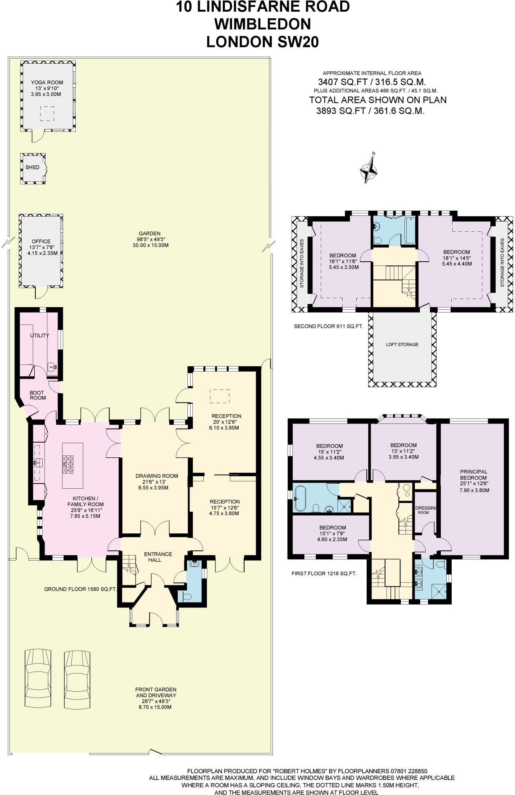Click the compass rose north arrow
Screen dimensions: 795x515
tap(368, 170)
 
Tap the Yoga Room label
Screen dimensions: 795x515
tap(47, 82)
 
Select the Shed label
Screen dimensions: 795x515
tap(33, 167)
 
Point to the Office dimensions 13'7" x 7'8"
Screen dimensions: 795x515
tap(41, 247)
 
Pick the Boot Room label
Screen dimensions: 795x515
tap(38, 395)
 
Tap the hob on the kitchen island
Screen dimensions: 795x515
tap(69, 464)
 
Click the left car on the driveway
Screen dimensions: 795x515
tap(38, 673)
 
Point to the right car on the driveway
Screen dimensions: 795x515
tap(77, 673)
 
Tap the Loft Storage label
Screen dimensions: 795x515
tap(402, 344)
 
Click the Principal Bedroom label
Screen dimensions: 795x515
tap(473, 474)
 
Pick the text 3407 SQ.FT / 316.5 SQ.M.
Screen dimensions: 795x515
tap(372, 82)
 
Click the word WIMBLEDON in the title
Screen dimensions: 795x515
tap(263, 24)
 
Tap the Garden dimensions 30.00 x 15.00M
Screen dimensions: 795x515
tap(149, 245)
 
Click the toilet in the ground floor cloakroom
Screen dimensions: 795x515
tap(187, 597)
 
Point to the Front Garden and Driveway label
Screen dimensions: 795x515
tap(156, 692)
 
